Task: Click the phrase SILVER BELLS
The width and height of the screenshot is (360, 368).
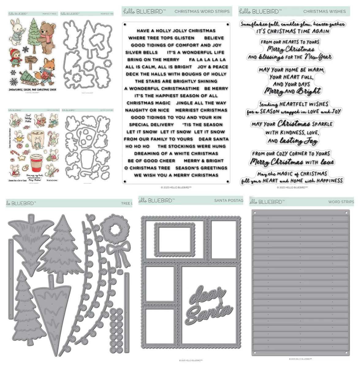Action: [141, 52]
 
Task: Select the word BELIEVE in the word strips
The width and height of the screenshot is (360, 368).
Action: [214, 38]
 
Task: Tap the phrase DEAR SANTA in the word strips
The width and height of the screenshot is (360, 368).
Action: [213, 139]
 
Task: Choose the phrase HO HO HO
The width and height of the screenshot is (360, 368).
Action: [138, 146]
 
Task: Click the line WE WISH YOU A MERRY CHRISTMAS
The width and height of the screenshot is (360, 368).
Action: [176, 175]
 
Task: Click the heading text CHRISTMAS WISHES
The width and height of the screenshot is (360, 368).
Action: [324, 11]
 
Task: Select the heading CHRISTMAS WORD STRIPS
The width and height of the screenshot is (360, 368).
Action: [202, 11]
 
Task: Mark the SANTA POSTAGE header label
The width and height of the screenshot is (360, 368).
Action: [228, 201]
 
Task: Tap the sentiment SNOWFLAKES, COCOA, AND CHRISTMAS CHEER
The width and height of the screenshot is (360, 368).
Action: [32, 90]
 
